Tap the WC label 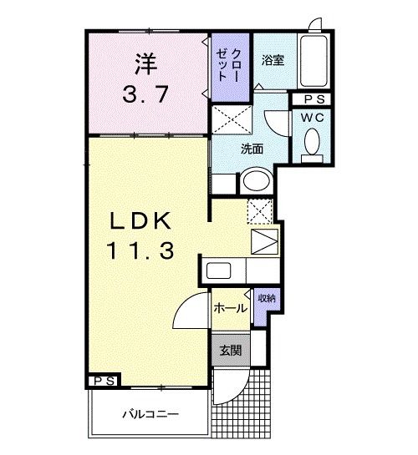(x=313, y=118)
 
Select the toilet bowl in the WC (x=313, y=144)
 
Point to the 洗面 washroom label (x=252, y=150)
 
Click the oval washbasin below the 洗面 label (x=255, y=181)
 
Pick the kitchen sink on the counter (x=219, y=271)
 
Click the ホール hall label (x=230, y=308)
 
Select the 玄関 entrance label (x=231, y=351)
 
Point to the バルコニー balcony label (x=150, y=412)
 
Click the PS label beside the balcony (x=104, y=381)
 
